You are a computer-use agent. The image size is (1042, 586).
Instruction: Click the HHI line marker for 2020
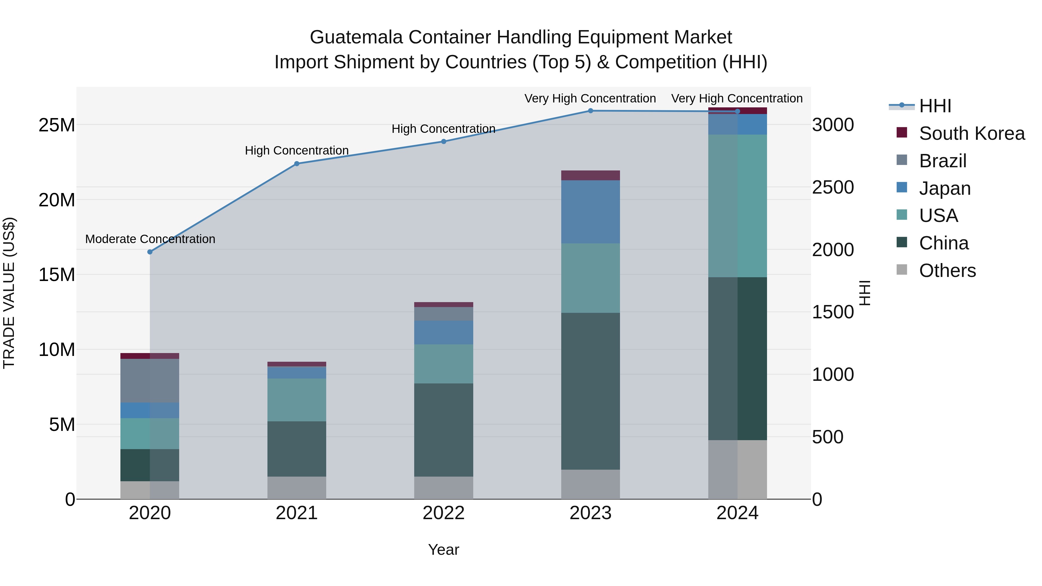150,252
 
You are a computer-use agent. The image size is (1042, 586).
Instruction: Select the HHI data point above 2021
296,164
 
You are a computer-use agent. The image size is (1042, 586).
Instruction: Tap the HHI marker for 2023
590,111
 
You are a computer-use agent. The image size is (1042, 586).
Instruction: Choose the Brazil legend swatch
902,160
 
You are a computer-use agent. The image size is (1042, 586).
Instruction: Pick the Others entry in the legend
947,271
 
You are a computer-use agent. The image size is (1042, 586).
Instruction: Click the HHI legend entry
935,106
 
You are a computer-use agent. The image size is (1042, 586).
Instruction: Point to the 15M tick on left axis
57,275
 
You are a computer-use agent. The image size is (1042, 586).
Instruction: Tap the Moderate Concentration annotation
150,239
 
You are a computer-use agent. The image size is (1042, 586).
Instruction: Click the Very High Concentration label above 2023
590,98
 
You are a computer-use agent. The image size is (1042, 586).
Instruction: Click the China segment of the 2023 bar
590,391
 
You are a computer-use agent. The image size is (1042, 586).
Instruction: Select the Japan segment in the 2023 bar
590,212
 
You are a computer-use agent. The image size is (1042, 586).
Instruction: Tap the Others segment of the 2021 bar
296,487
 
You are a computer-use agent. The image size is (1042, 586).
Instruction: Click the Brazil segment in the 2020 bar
150,380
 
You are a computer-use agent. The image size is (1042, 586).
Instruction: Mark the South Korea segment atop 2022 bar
443,304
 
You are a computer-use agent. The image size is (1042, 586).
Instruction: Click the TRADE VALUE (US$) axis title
9,293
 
